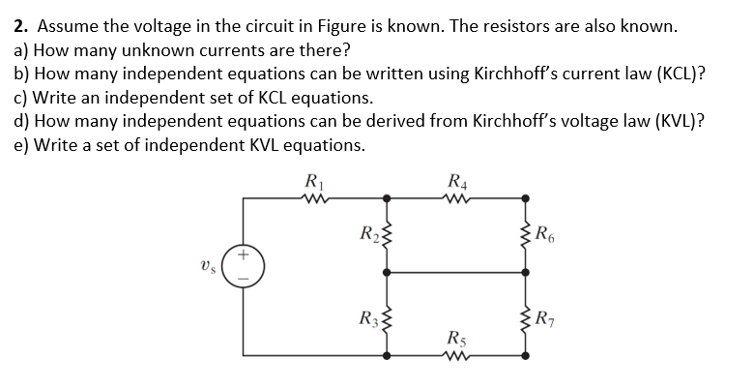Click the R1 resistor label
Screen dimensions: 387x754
(313, 179)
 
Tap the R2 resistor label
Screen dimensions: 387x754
(367, 232)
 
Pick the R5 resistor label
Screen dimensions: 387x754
(457, 340)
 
